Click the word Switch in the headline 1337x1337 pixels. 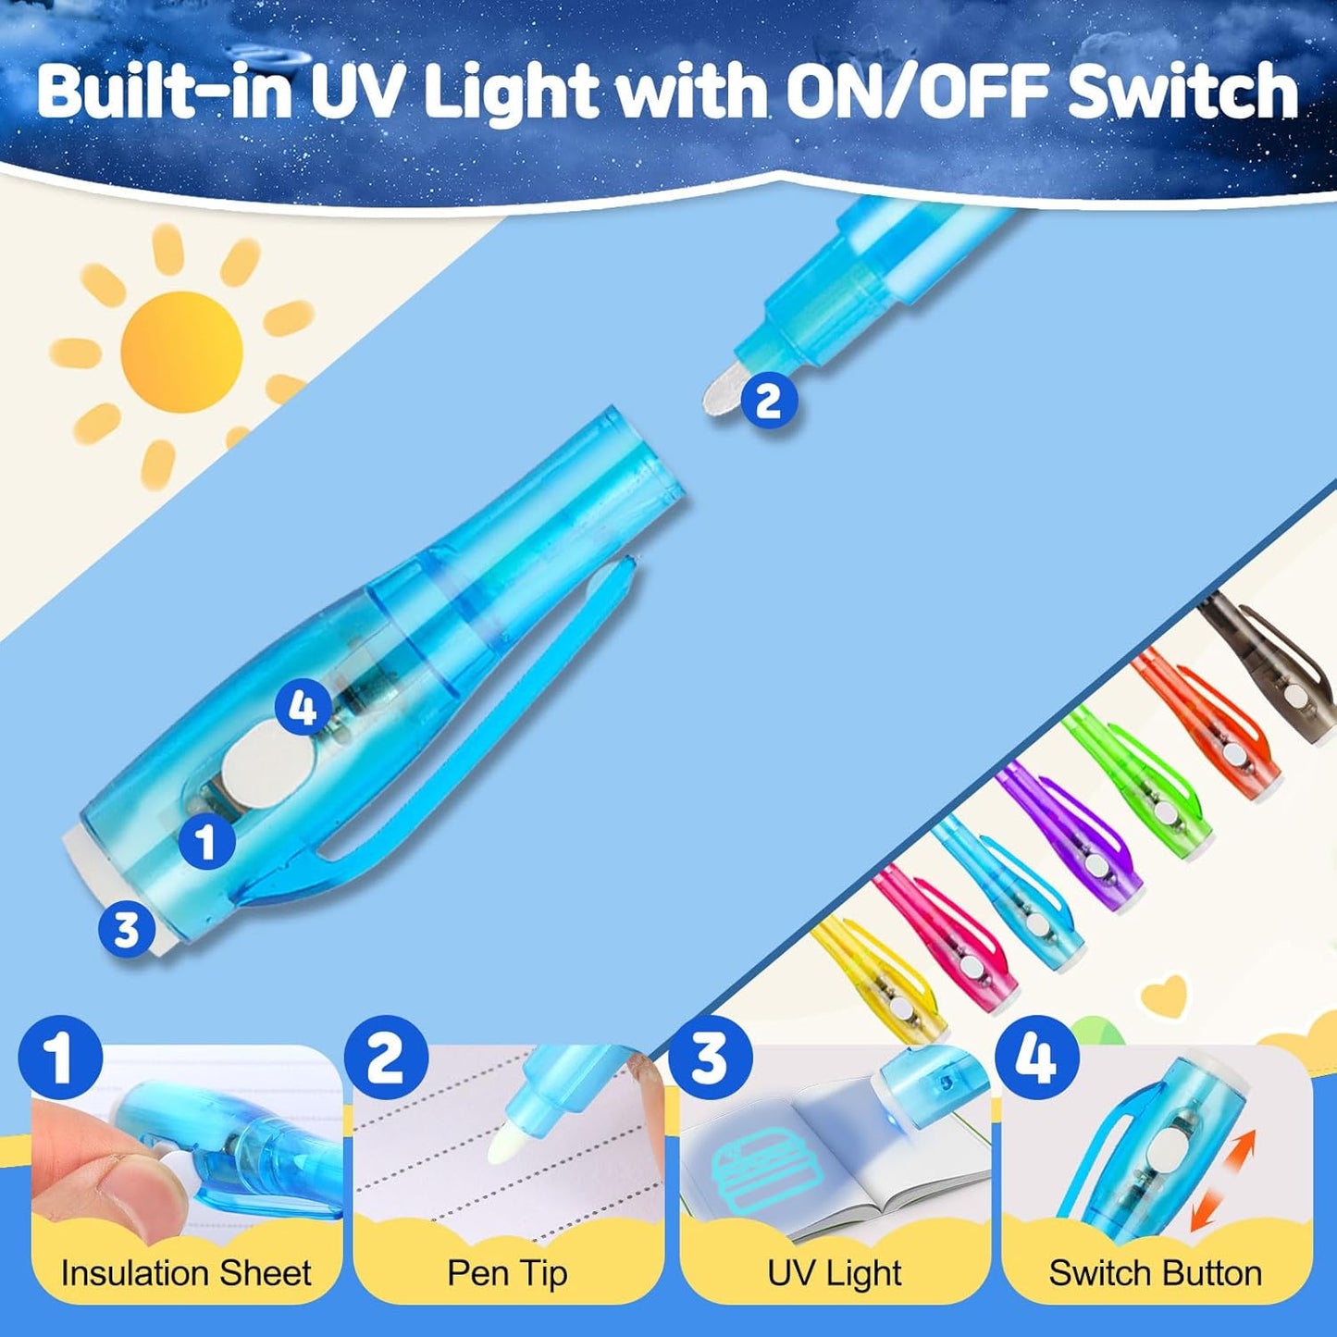(1182, 92)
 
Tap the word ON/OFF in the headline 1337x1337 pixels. (917, 92)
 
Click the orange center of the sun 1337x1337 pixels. (181, 352)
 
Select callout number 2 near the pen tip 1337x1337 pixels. (768, 401)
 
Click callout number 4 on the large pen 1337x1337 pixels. (303, 710)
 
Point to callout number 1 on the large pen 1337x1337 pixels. (205, 841)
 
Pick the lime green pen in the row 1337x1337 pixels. (1136, 777)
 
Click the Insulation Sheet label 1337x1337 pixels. (186, 1273)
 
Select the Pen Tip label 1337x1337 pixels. (507, 1273)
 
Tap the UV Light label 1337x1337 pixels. (835, 1273)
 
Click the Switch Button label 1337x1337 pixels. (1155, 1273)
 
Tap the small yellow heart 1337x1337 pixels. (1164, 996)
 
